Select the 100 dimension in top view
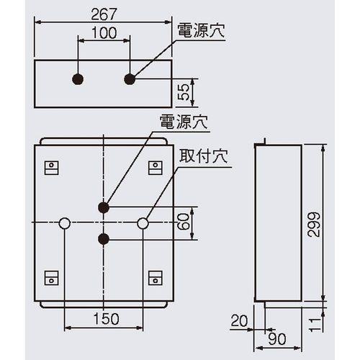click(104, 34)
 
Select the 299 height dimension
click(312, 224)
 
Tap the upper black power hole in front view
click(104, 207)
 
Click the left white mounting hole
click(65, 223)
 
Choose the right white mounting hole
click(143, 223)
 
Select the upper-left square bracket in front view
click(51, 167)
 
